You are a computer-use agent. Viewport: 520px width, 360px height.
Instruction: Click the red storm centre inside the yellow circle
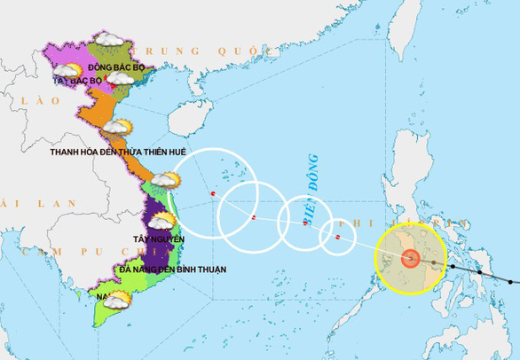pos(410,258)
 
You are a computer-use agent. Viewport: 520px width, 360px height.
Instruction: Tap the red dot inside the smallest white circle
pos(337,237)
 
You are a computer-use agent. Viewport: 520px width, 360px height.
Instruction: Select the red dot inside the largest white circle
pos(213,194)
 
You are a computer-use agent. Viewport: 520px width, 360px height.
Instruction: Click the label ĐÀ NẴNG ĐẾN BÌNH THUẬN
pos(172,269)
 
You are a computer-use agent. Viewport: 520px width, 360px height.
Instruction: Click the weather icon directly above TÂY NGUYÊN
pos(160,220)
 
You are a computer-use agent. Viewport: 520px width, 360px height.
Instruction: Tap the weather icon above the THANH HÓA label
pos(116,128)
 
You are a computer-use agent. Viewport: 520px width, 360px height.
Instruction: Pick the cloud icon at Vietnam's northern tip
pos(109,40)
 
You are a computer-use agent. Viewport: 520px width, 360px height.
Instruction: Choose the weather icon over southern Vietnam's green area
pos(116,301)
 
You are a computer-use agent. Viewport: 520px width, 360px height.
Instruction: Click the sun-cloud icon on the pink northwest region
pos(70,71)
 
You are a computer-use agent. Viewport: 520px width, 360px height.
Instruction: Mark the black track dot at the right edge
pos(513,281)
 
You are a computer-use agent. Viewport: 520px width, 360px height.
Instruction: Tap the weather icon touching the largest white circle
pos(165,181)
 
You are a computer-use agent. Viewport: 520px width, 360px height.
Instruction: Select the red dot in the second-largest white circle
pos(254,217)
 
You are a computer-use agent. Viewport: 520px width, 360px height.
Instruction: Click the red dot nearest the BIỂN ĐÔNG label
pos(305,223)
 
